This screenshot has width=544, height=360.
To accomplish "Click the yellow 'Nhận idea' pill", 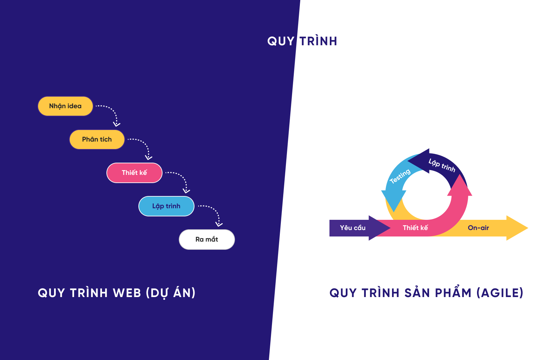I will [x=65, y=106].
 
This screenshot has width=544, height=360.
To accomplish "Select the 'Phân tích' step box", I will [x=97, y=140].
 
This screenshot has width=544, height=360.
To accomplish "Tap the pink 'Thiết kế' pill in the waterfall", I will [x=134, y=173].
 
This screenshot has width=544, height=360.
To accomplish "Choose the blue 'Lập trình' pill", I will [x=166, y=206].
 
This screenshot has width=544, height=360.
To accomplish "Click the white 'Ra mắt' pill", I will [x=207, y=240].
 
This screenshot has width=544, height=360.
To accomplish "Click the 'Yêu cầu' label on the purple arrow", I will [x=353, y=228].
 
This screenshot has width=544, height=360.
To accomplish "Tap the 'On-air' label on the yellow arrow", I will [x=478, y=228].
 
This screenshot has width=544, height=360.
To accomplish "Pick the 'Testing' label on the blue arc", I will [x=400, y=176].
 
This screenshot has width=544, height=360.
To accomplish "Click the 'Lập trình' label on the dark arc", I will [x=442, y=165].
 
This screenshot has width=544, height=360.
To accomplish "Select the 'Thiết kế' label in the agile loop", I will [x=415, y=228].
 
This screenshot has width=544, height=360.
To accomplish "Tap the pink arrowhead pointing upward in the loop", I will [x=460, y=186].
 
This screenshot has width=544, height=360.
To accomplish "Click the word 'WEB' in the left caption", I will [x=127, y=293].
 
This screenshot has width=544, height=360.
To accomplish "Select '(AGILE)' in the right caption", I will [x=500, y=293].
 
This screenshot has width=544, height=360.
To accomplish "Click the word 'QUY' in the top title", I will [x=281, y=41].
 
